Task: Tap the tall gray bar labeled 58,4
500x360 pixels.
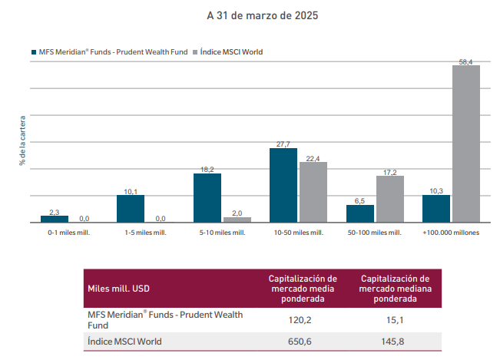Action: click(x=466, y=144)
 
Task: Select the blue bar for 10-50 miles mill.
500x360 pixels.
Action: click(x=283, y=185)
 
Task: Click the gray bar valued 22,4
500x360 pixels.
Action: click(x=313, y=192)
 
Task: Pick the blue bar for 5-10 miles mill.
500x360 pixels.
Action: click(x=207, y=198)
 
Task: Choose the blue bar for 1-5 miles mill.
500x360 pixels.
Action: click(x=131, y=209)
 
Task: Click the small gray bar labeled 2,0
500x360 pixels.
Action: click(x=237, y=220)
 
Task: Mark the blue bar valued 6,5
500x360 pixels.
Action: click(x=359, y=213)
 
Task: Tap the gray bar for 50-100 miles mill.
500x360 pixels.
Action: click(x=389, y=199)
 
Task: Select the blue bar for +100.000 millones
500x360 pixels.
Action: click(x=436, y=209)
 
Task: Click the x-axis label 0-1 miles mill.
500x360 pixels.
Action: click(x=69, y=232)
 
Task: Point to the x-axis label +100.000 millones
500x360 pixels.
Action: click(x=451, y=232)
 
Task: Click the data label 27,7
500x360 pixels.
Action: click(x=283, y=144)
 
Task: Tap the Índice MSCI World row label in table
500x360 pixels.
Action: click(x=127, y=342)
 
